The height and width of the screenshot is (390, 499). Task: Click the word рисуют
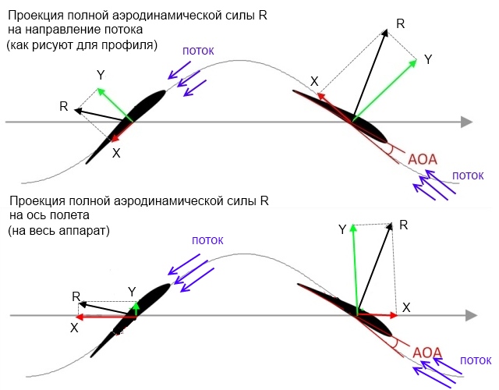[65, 45]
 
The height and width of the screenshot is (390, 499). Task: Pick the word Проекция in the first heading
[36, 13]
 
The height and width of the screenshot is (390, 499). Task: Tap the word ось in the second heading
[36, 216]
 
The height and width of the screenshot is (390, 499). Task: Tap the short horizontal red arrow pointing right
[377, 314]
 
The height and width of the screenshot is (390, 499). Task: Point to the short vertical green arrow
[134, 307]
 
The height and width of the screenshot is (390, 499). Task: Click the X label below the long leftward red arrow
[74, 328]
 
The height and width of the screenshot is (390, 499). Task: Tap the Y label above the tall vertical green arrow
[342, 229]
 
